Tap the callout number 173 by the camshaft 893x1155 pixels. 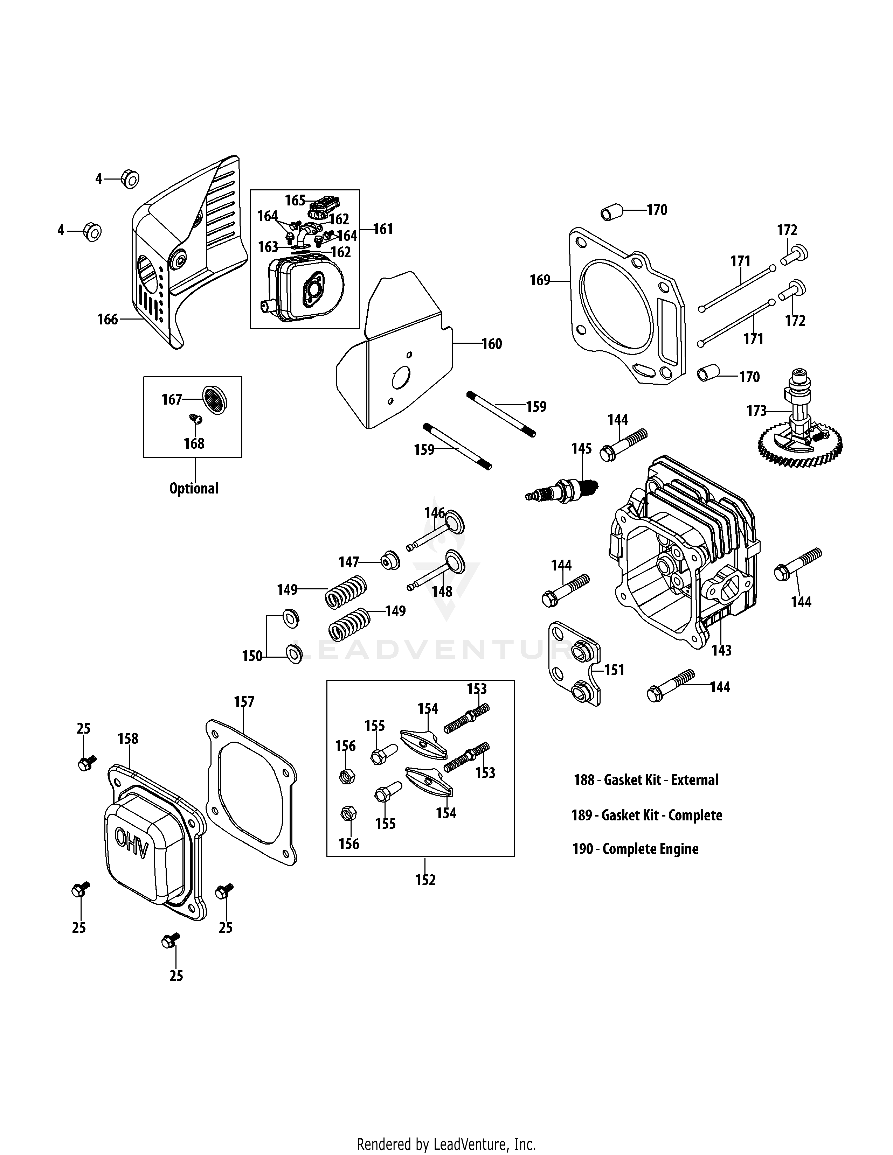756,411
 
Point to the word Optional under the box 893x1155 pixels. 194,488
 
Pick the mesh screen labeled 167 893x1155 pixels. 214,399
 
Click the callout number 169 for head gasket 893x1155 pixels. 540,280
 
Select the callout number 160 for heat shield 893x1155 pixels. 491,344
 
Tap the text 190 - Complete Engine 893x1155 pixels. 635,849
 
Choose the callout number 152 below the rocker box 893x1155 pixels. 425,880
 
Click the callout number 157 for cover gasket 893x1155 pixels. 244,702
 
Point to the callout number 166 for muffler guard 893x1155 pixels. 108,320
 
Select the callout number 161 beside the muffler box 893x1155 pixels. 383,229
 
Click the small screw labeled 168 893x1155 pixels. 196,419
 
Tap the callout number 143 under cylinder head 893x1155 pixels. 721,650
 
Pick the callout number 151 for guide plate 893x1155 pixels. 614,670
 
